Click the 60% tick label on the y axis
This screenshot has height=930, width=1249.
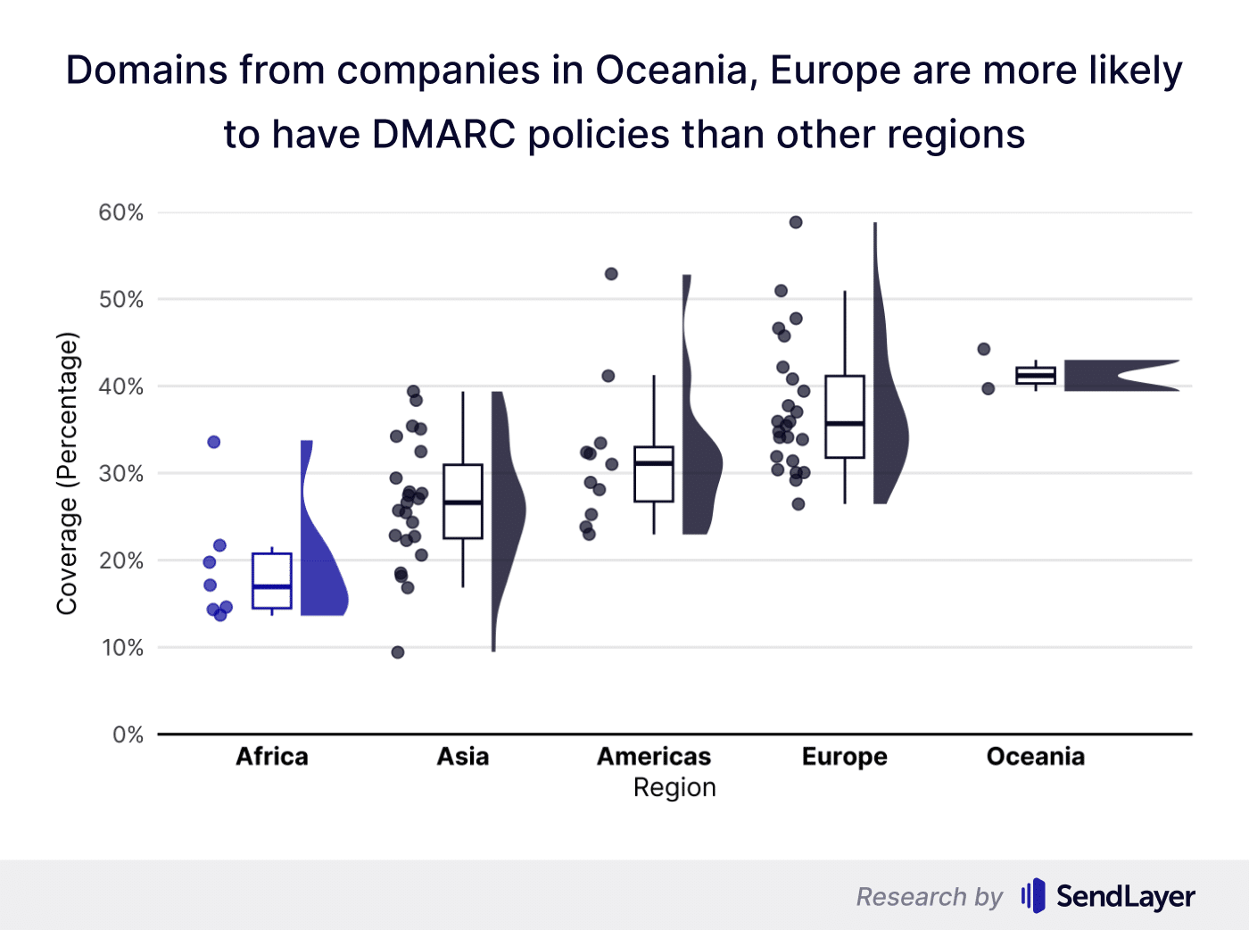coord(120,212)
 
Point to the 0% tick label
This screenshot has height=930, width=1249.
coord(128,735)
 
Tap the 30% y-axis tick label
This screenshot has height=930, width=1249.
coord(120,473)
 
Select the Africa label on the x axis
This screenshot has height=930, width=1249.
coord(272,757)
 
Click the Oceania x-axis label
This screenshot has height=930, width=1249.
coord(1035,757)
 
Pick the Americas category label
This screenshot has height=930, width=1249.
coord(654,757)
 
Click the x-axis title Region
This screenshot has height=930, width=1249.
coord(674,788)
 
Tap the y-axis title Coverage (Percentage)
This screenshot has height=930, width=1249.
coord(68,474)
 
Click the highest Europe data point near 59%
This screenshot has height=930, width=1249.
coord(796,222)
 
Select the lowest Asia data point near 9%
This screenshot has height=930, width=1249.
coord(398,652)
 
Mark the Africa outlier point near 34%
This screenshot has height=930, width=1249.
coord(214,442)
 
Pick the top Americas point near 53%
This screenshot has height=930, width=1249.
coord(611,274)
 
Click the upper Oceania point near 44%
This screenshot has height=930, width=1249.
coord(984,349)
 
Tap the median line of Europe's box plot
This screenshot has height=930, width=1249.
coord(845,424)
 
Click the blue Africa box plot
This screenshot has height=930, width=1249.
coord(272,580)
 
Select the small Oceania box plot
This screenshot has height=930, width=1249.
coord(1036,376)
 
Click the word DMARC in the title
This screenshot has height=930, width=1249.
coord(443,135)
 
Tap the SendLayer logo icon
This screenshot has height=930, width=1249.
coord(1033,895)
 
